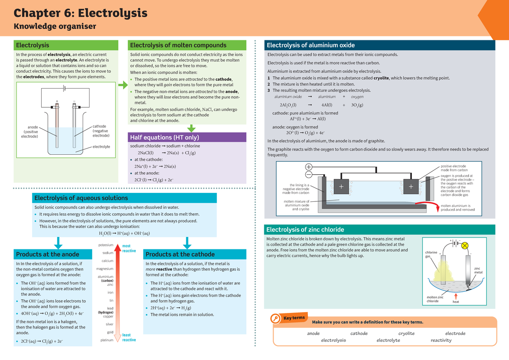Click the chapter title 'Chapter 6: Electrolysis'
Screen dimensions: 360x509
pos(81,13)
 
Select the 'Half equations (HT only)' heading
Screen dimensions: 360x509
pos(164,137)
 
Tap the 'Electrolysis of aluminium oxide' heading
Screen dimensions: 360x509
pos(310,45)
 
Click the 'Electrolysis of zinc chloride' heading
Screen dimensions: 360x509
pos(305,230)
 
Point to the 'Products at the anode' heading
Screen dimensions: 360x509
pos(48,254)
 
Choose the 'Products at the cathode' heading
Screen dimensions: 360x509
pos(180,254)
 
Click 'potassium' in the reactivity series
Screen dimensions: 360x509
pos(106,245)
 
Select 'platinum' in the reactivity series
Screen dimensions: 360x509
pos(106,340)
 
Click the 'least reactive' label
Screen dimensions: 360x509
pos(129,338)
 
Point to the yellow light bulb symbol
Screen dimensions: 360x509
pos(464,245)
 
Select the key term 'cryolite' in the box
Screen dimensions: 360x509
pos(406,333)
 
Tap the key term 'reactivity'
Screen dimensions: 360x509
pos(441,340)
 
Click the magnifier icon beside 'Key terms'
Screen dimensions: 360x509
pos(276,319)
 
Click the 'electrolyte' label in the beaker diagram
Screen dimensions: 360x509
pos(101,147)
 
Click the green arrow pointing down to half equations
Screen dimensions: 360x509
pos(191,128)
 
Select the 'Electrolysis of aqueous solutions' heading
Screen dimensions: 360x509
pos(81,198)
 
